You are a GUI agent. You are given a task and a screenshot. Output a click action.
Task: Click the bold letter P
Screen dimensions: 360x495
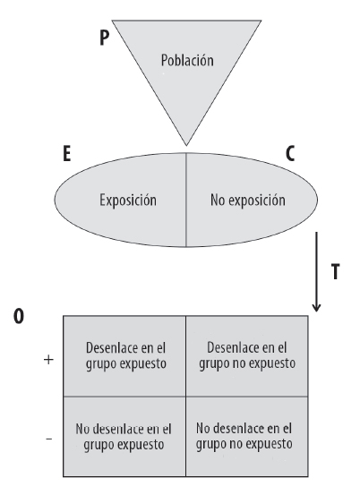[104, 38]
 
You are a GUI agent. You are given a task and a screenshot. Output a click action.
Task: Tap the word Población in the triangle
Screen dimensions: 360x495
[187, 60]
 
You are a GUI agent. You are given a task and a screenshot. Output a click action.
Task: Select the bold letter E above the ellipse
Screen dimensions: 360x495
[67, 154]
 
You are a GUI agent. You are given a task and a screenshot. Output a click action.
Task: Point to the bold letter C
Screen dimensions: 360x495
[290, 154]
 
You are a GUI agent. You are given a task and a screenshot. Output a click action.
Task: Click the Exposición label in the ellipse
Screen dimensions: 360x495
[128, 201]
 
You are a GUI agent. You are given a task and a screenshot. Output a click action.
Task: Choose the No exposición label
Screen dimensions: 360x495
[248, 201]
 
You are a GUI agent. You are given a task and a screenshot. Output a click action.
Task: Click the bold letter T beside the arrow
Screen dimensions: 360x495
[335, 272]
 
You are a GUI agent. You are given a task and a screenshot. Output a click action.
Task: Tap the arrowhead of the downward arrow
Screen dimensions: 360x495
[316, 308]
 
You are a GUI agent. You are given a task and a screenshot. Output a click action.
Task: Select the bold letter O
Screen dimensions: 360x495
[19, 316]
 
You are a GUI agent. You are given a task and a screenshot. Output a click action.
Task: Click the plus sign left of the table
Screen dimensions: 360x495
[48, 360]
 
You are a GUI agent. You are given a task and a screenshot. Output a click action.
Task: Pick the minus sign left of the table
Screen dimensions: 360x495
[49, 439]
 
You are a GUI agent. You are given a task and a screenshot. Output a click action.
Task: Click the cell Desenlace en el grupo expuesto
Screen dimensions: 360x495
[124, 356]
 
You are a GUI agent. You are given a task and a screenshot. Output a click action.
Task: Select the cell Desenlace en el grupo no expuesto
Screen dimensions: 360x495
[247, 356]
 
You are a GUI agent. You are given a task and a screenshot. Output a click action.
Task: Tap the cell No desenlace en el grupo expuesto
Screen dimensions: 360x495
[124, 436]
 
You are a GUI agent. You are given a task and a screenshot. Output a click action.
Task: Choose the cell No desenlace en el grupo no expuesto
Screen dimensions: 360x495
[247, 436]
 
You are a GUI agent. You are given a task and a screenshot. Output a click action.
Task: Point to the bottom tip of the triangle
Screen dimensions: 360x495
[186, 146]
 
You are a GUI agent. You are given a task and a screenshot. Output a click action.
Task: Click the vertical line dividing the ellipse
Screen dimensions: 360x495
[186, 200]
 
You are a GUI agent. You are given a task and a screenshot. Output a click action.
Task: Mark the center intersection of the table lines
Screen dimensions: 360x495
[185, 397]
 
